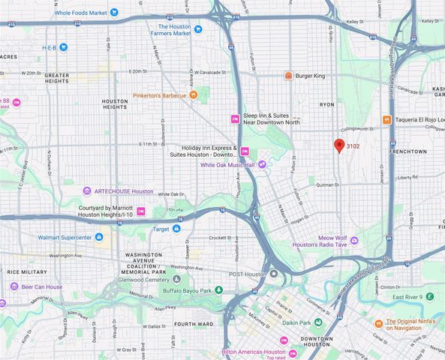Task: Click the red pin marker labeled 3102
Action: [339, 145]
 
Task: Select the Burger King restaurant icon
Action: [288, 76]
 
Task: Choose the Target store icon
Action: [176, 228]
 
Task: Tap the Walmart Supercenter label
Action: [75, 238]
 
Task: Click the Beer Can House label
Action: [41, 286]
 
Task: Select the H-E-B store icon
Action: [64, 47]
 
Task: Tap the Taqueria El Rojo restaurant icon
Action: [386, 119]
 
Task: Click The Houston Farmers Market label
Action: [169, 30]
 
